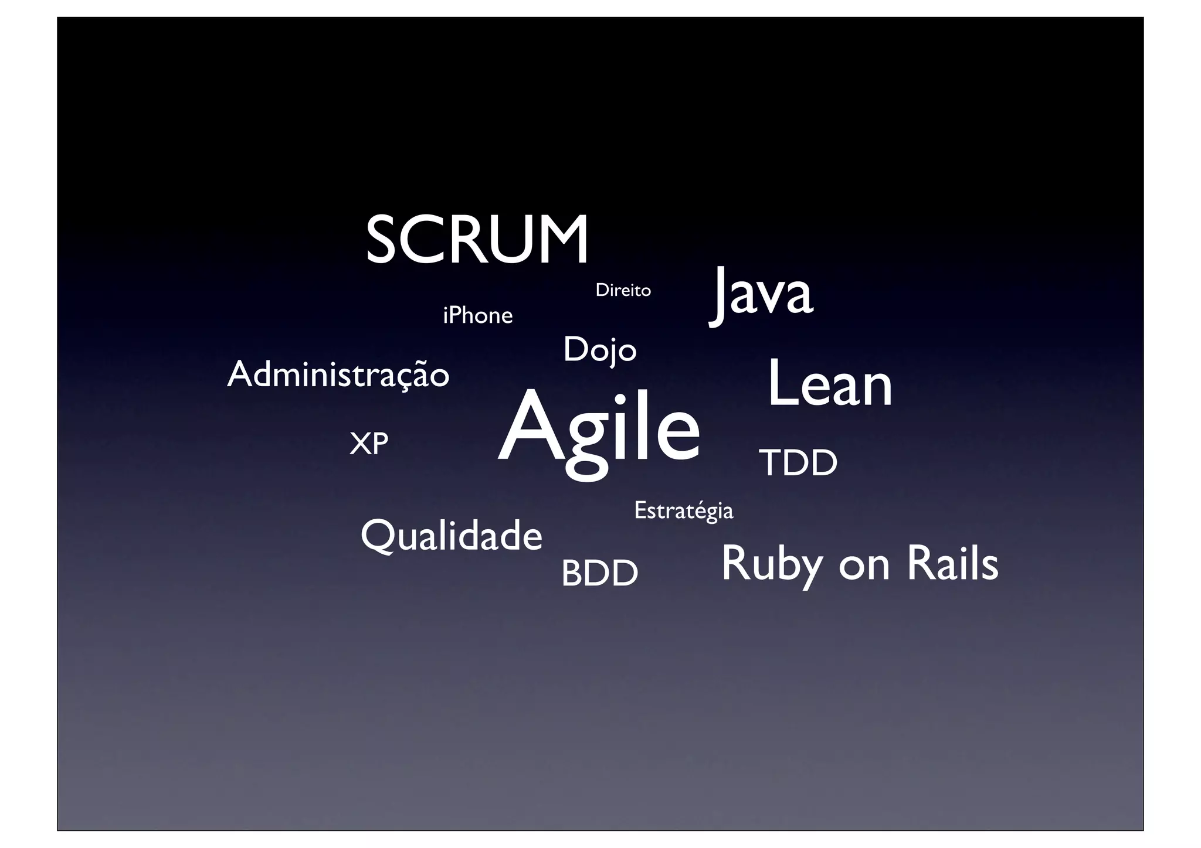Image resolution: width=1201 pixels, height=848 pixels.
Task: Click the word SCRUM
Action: tap(477, 240)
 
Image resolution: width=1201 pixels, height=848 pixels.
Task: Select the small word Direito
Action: tap(623, 290)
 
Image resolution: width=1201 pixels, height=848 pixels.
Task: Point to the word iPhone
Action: tap(477, 316)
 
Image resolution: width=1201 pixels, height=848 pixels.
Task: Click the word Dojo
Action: tap(599, 350)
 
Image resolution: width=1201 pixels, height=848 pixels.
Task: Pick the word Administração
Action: tap(338, 375)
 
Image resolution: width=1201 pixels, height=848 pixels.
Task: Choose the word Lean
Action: tap(829, 384)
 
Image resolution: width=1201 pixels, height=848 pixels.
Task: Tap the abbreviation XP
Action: tap(368, 444)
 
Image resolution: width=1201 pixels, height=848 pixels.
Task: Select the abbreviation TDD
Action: tap(798, 463)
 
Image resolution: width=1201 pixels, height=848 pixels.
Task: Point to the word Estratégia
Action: tap(683, 510)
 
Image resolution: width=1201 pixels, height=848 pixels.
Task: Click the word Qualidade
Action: tap(451, 536)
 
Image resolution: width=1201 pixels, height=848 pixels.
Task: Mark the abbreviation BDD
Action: tap(599, 573)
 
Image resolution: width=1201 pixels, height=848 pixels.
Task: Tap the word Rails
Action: tap(952, 563)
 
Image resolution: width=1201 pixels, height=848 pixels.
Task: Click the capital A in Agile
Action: tap(530, 427)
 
